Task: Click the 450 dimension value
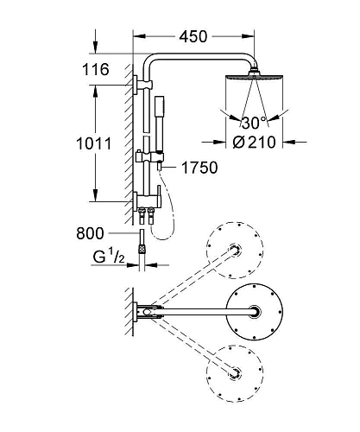coord(193,36)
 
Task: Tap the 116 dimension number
coord(96,69)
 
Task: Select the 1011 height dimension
coord(94,143)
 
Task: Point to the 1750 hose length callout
coord(199,168)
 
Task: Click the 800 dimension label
coord(90,233)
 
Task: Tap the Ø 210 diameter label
coord(254,142)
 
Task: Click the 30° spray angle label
coord(254,123)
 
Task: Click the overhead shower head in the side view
coord(254,76)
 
